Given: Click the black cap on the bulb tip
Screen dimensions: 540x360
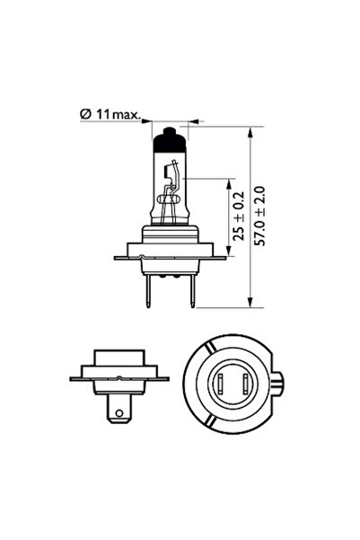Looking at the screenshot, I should (169, 140).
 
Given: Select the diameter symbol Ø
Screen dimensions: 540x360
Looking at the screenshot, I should (83, 113).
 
